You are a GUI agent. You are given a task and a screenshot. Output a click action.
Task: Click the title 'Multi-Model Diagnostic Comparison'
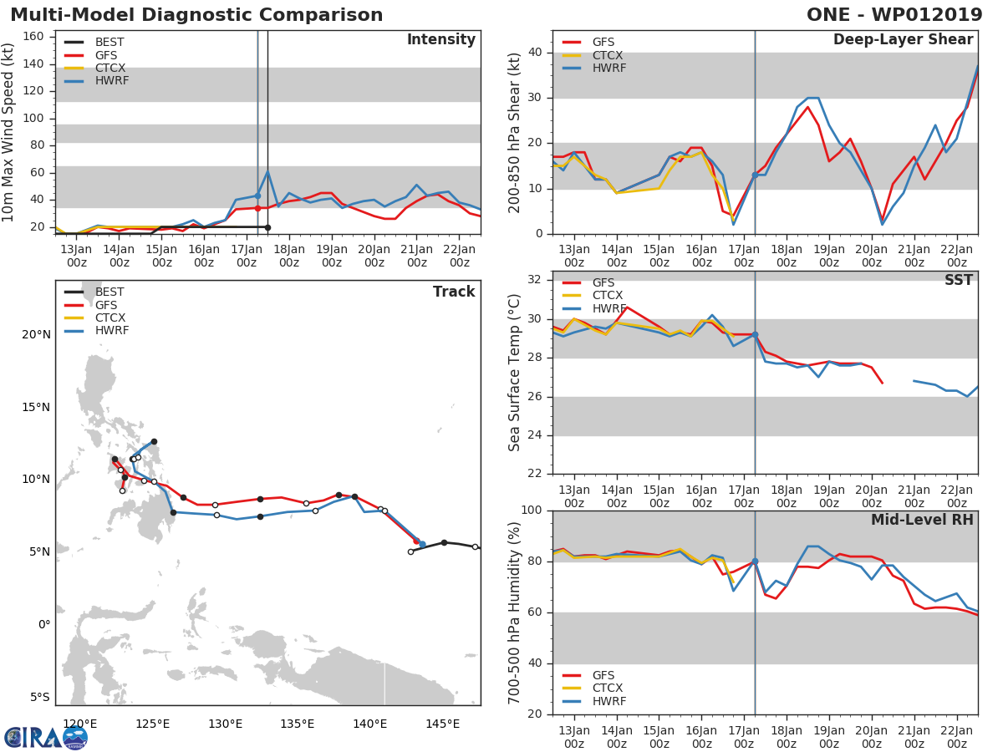[x=196, y=15]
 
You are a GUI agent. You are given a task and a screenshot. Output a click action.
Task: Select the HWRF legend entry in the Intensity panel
[x=112, y=81]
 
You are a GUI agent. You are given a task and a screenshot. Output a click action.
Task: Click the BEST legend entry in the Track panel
[x=109, y=292]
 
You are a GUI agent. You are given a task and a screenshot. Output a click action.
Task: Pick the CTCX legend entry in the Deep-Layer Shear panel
[x=609, y=55]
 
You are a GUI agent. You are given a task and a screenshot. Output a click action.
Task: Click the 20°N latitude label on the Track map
[x=37, y=335]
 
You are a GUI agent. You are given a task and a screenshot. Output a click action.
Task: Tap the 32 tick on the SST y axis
[x=537, y=280]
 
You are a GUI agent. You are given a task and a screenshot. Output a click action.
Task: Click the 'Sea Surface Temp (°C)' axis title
[x=515, y=373]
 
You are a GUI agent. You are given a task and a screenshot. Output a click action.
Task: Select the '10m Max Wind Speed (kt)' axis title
[x=9, y=133]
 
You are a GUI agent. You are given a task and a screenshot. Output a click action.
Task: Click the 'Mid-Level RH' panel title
[x=921, y=521]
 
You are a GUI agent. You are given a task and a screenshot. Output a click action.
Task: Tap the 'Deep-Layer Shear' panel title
[x=903, y=40]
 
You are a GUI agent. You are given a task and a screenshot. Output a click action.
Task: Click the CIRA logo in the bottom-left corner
[x=45, y=737]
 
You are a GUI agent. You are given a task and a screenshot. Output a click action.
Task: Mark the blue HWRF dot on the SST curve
[x=755, y=334]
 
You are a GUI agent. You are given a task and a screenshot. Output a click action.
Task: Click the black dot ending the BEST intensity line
[x=267, y=227]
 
